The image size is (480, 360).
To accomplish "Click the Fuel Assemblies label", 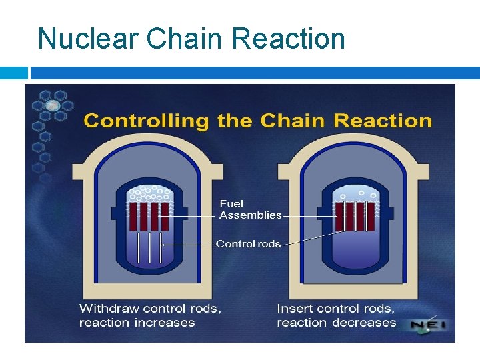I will click(x=250, y=209).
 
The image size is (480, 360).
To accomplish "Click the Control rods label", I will click(x=249, y=244).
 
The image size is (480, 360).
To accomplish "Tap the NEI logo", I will click(x=427, y=325).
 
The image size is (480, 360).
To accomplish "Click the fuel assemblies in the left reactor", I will click(x=149, y=217).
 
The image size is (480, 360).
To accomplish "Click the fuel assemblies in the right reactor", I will click(x=351, y=216).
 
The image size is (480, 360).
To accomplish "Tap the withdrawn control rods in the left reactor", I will click(x=150, y=247).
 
